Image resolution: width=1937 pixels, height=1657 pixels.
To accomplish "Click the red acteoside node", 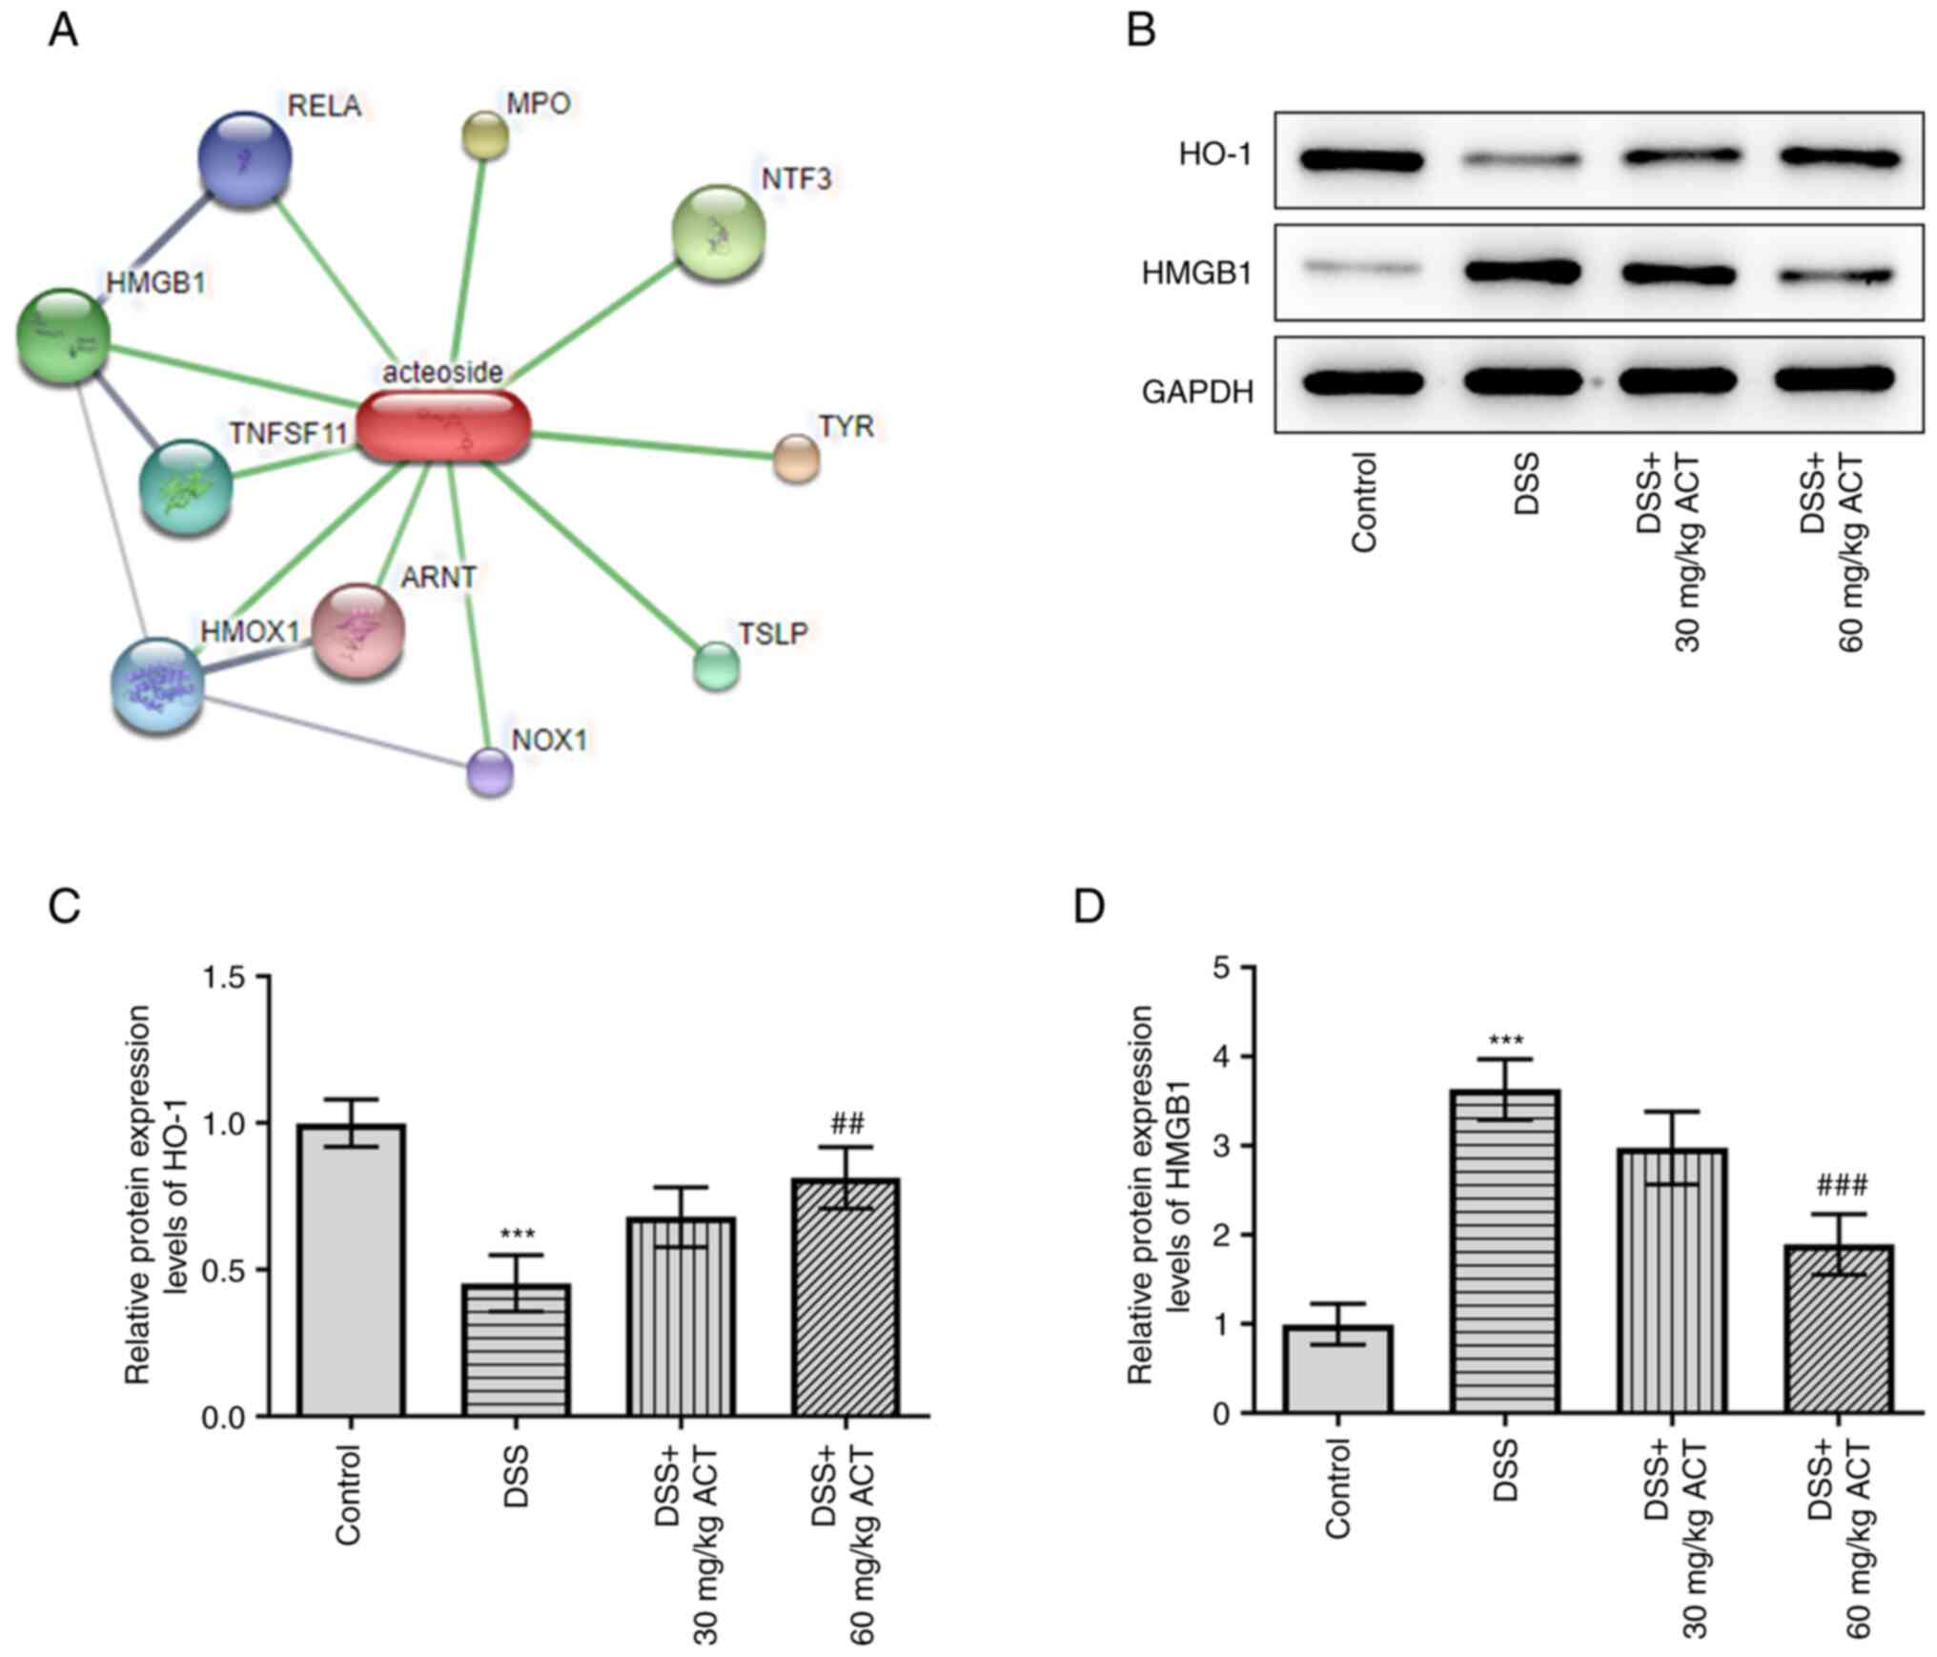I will tap(441, 426).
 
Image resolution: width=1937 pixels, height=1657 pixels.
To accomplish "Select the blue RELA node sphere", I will tap(245, 159).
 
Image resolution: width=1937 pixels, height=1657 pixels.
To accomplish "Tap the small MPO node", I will tap(484, 134).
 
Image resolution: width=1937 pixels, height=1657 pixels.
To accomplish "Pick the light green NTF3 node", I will tap(719, 233).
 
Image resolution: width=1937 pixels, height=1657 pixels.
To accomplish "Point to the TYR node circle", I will tap(796, 459).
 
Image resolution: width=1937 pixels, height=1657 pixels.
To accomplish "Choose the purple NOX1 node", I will tap(490, 771).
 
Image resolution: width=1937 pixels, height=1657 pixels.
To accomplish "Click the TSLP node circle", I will tap(716, 665).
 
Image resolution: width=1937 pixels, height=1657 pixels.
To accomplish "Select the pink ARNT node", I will tap(358, 631).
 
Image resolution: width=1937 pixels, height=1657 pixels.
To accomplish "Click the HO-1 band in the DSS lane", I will tap(1522, 160).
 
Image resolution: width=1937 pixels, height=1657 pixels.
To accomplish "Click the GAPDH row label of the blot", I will tap(1197, 392).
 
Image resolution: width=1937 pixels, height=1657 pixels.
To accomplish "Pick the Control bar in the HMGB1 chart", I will tap(1337, 1369).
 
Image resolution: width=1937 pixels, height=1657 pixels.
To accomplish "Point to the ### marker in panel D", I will tap(1842, 1185).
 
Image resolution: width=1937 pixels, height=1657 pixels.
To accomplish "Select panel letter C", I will tap(64, 906).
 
